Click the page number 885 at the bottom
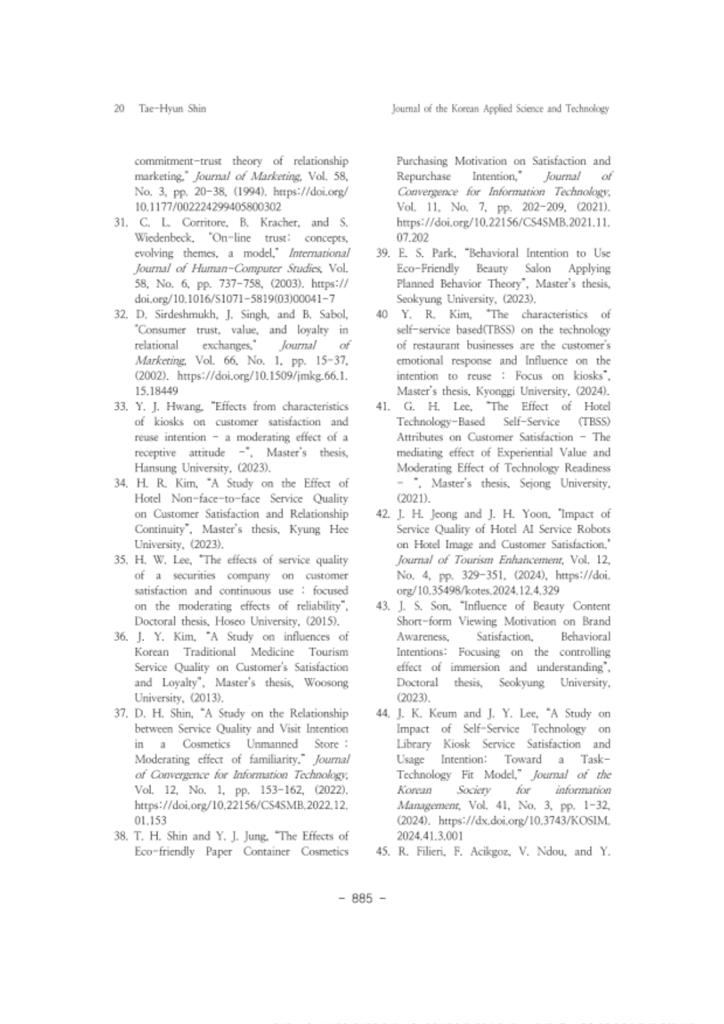pos(362,898)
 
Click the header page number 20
pos(118,109)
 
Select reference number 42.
pos(382,514)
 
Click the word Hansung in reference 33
pos(156,468)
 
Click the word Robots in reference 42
pos(595,530)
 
